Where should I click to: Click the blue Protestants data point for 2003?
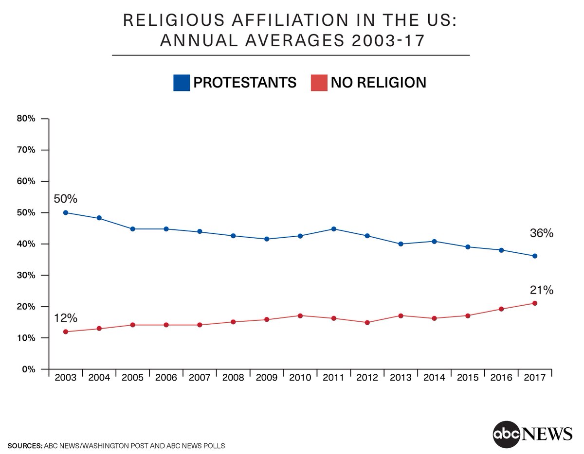[x=66, y=212]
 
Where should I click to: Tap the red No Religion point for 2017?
[x=535, y=303]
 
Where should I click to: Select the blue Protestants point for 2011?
[x=334, y=229]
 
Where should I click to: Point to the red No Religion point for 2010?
[x=300, y=315]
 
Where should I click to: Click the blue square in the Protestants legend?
[x=181, y=83]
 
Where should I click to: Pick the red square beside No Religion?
[x=319, y=83]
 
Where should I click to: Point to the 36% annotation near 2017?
[x=542, y=233]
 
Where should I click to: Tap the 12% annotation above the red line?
[x=66, y=318]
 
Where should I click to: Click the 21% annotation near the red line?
[x=542, y=290]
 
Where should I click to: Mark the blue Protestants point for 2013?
[x=401, y=244]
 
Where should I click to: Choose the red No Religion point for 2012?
[x=367, y=322]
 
